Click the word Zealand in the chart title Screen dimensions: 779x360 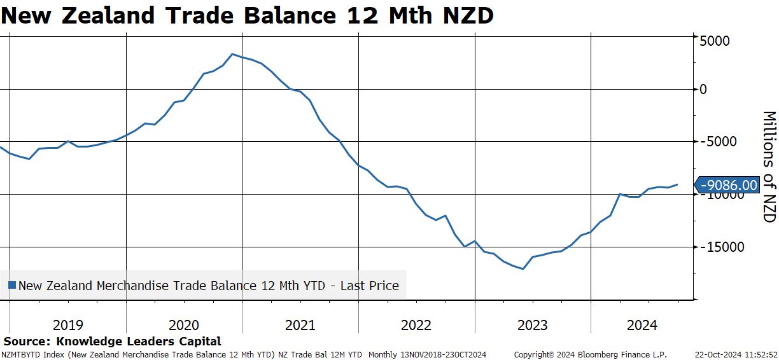click(108, 15)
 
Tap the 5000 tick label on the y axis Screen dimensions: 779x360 click(714, 41)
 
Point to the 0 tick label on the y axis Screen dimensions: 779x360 click(703, 90)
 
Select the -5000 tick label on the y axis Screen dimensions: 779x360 click(718, 142)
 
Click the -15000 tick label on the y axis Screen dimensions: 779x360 click(722, 247)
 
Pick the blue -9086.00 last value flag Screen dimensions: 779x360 click(727, 185)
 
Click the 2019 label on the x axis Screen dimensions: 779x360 click(68, 326)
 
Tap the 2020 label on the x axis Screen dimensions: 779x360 click(184, 326)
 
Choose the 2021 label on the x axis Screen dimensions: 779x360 click(300, 326)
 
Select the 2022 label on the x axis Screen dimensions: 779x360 click(416, 326)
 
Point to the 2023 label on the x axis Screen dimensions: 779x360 click(533, 326)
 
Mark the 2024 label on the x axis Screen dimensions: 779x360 click(642, 326)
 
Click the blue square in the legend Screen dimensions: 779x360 click(12, 286)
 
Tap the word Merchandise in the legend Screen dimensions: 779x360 click(132, 286)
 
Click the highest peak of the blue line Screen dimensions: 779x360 click(233, 54)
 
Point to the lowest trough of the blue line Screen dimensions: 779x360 click(523, 268)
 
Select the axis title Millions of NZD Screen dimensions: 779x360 click(769, 167)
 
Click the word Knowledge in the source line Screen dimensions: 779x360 click(88, 342)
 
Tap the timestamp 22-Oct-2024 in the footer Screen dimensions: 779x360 click(714, 355)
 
